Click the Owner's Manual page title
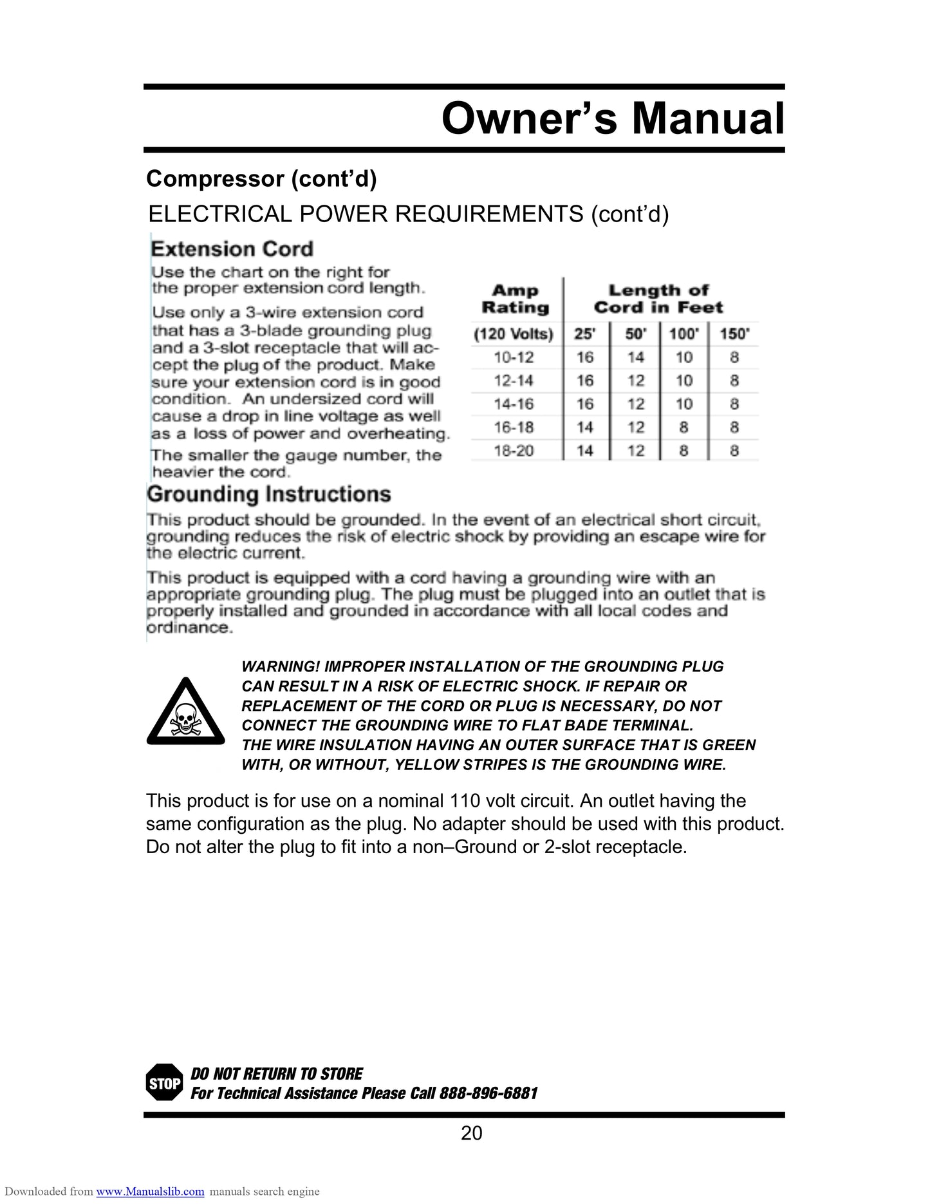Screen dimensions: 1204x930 click(613, 119)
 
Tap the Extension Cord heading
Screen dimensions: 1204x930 click(232, 249)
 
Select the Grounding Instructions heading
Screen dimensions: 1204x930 click(269, 494)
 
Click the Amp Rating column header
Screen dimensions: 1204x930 click(515, 299)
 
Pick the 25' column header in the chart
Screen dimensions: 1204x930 click(584, 334)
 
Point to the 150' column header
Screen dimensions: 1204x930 click(734, 334)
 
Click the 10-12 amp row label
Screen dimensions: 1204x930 click(514, 357)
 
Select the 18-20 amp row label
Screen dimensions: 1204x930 click(514, 451)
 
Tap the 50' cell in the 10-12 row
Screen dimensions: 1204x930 click(636, 357)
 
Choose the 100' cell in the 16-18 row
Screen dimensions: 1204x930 click(684, 428)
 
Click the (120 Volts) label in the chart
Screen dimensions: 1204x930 click(514, 334)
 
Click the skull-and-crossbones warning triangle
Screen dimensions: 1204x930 click(185, 712)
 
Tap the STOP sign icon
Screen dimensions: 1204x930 click(165, 1084)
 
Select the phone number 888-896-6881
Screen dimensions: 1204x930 click(488, 1093)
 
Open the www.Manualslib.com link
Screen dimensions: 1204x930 click(150, 1192)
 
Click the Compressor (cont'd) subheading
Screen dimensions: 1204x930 click(261, 179)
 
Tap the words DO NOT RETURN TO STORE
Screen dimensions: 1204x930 click(277, 1074)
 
